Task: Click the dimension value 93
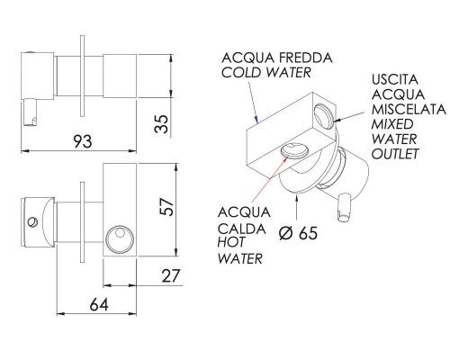83,141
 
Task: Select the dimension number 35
161,124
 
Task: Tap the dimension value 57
166,207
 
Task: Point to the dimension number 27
171,276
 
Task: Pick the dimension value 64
99,305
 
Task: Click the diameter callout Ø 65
298,233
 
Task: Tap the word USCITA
395,80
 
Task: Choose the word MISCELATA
409,109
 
